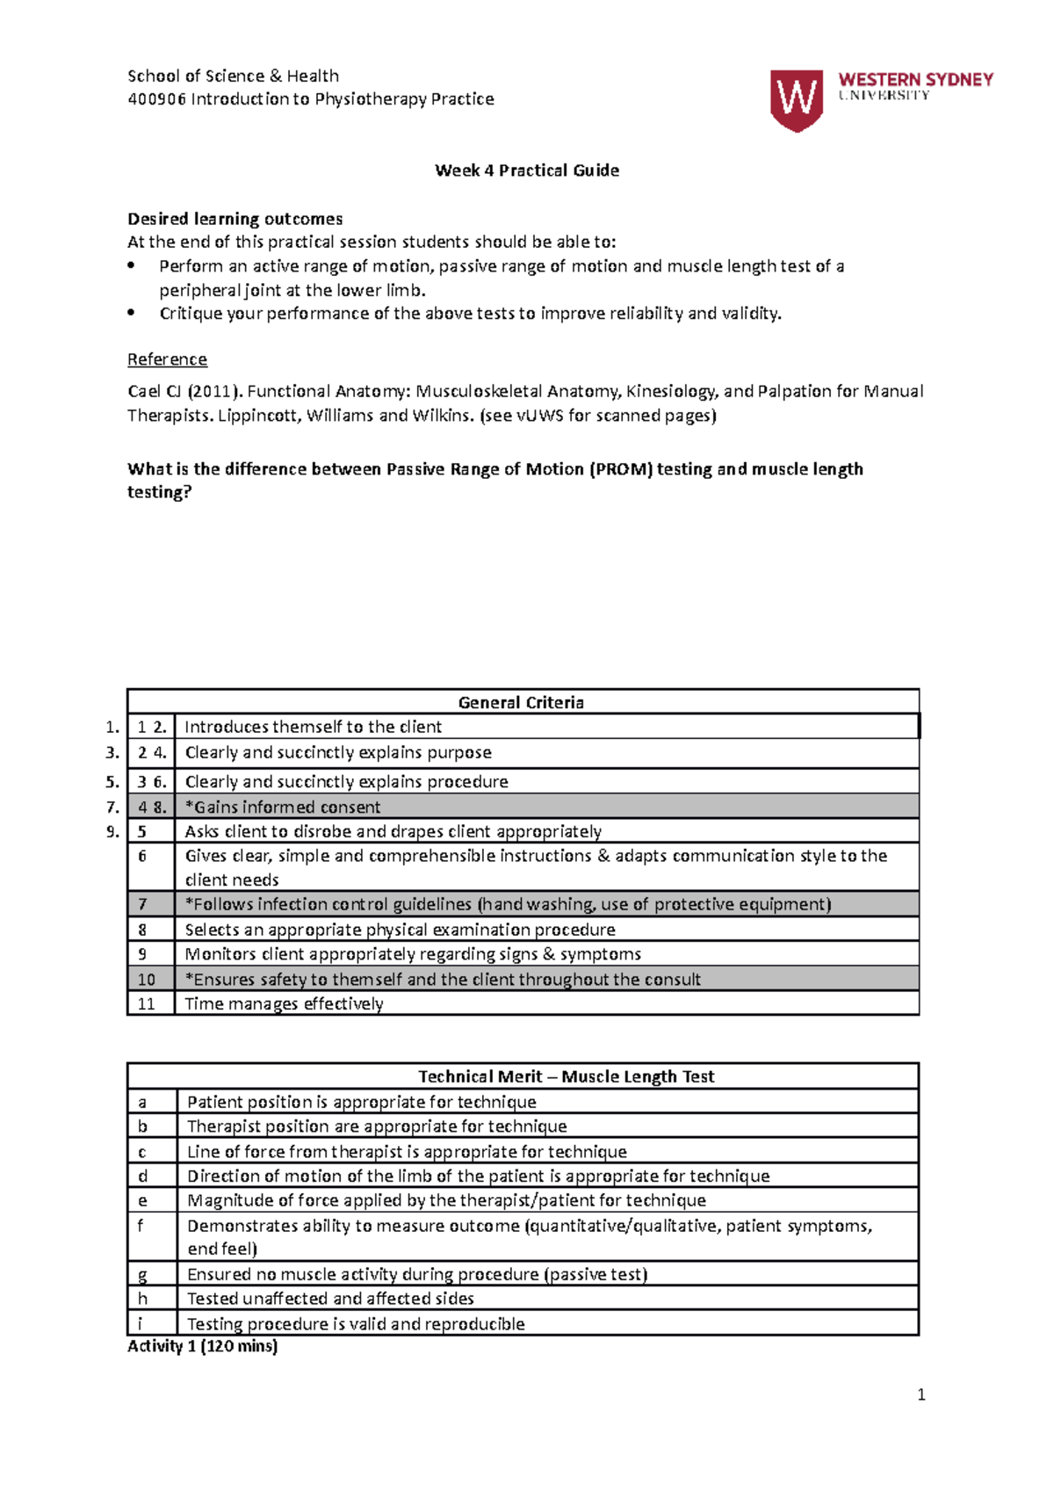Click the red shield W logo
(x=796, y=99)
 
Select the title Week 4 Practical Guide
(x=527, y=170)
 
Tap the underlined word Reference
(x=167, y=359)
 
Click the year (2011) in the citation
(x=213, y=391)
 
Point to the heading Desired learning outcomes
(x=235, y=219)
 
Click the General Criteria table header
(x=521, y=702)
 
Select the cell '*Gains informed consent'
(x=282, y=807)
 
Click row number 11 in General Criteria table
(x=146, y=1003)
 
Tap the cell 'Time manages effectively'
(x=284, y=1003)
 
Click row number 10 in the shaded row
(x=146, y=979)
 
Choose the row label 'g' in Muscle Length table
(x=142, y=1274)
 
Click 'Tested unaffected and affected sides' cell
(x=330, y=1299)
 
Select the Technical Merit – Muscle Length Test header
(x=566, y=1076)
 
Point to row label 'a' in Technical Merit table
(x=142, y=1102)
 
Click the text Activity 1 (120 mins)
(x=202, y=1346)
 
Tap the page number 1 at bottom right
(x=920, y=1394)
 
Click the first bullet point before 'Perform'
(x=132, y=265)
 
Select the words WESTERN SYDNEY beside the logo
(x=915, y=79)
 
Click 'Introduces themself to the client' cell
(x=313, y=727)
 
